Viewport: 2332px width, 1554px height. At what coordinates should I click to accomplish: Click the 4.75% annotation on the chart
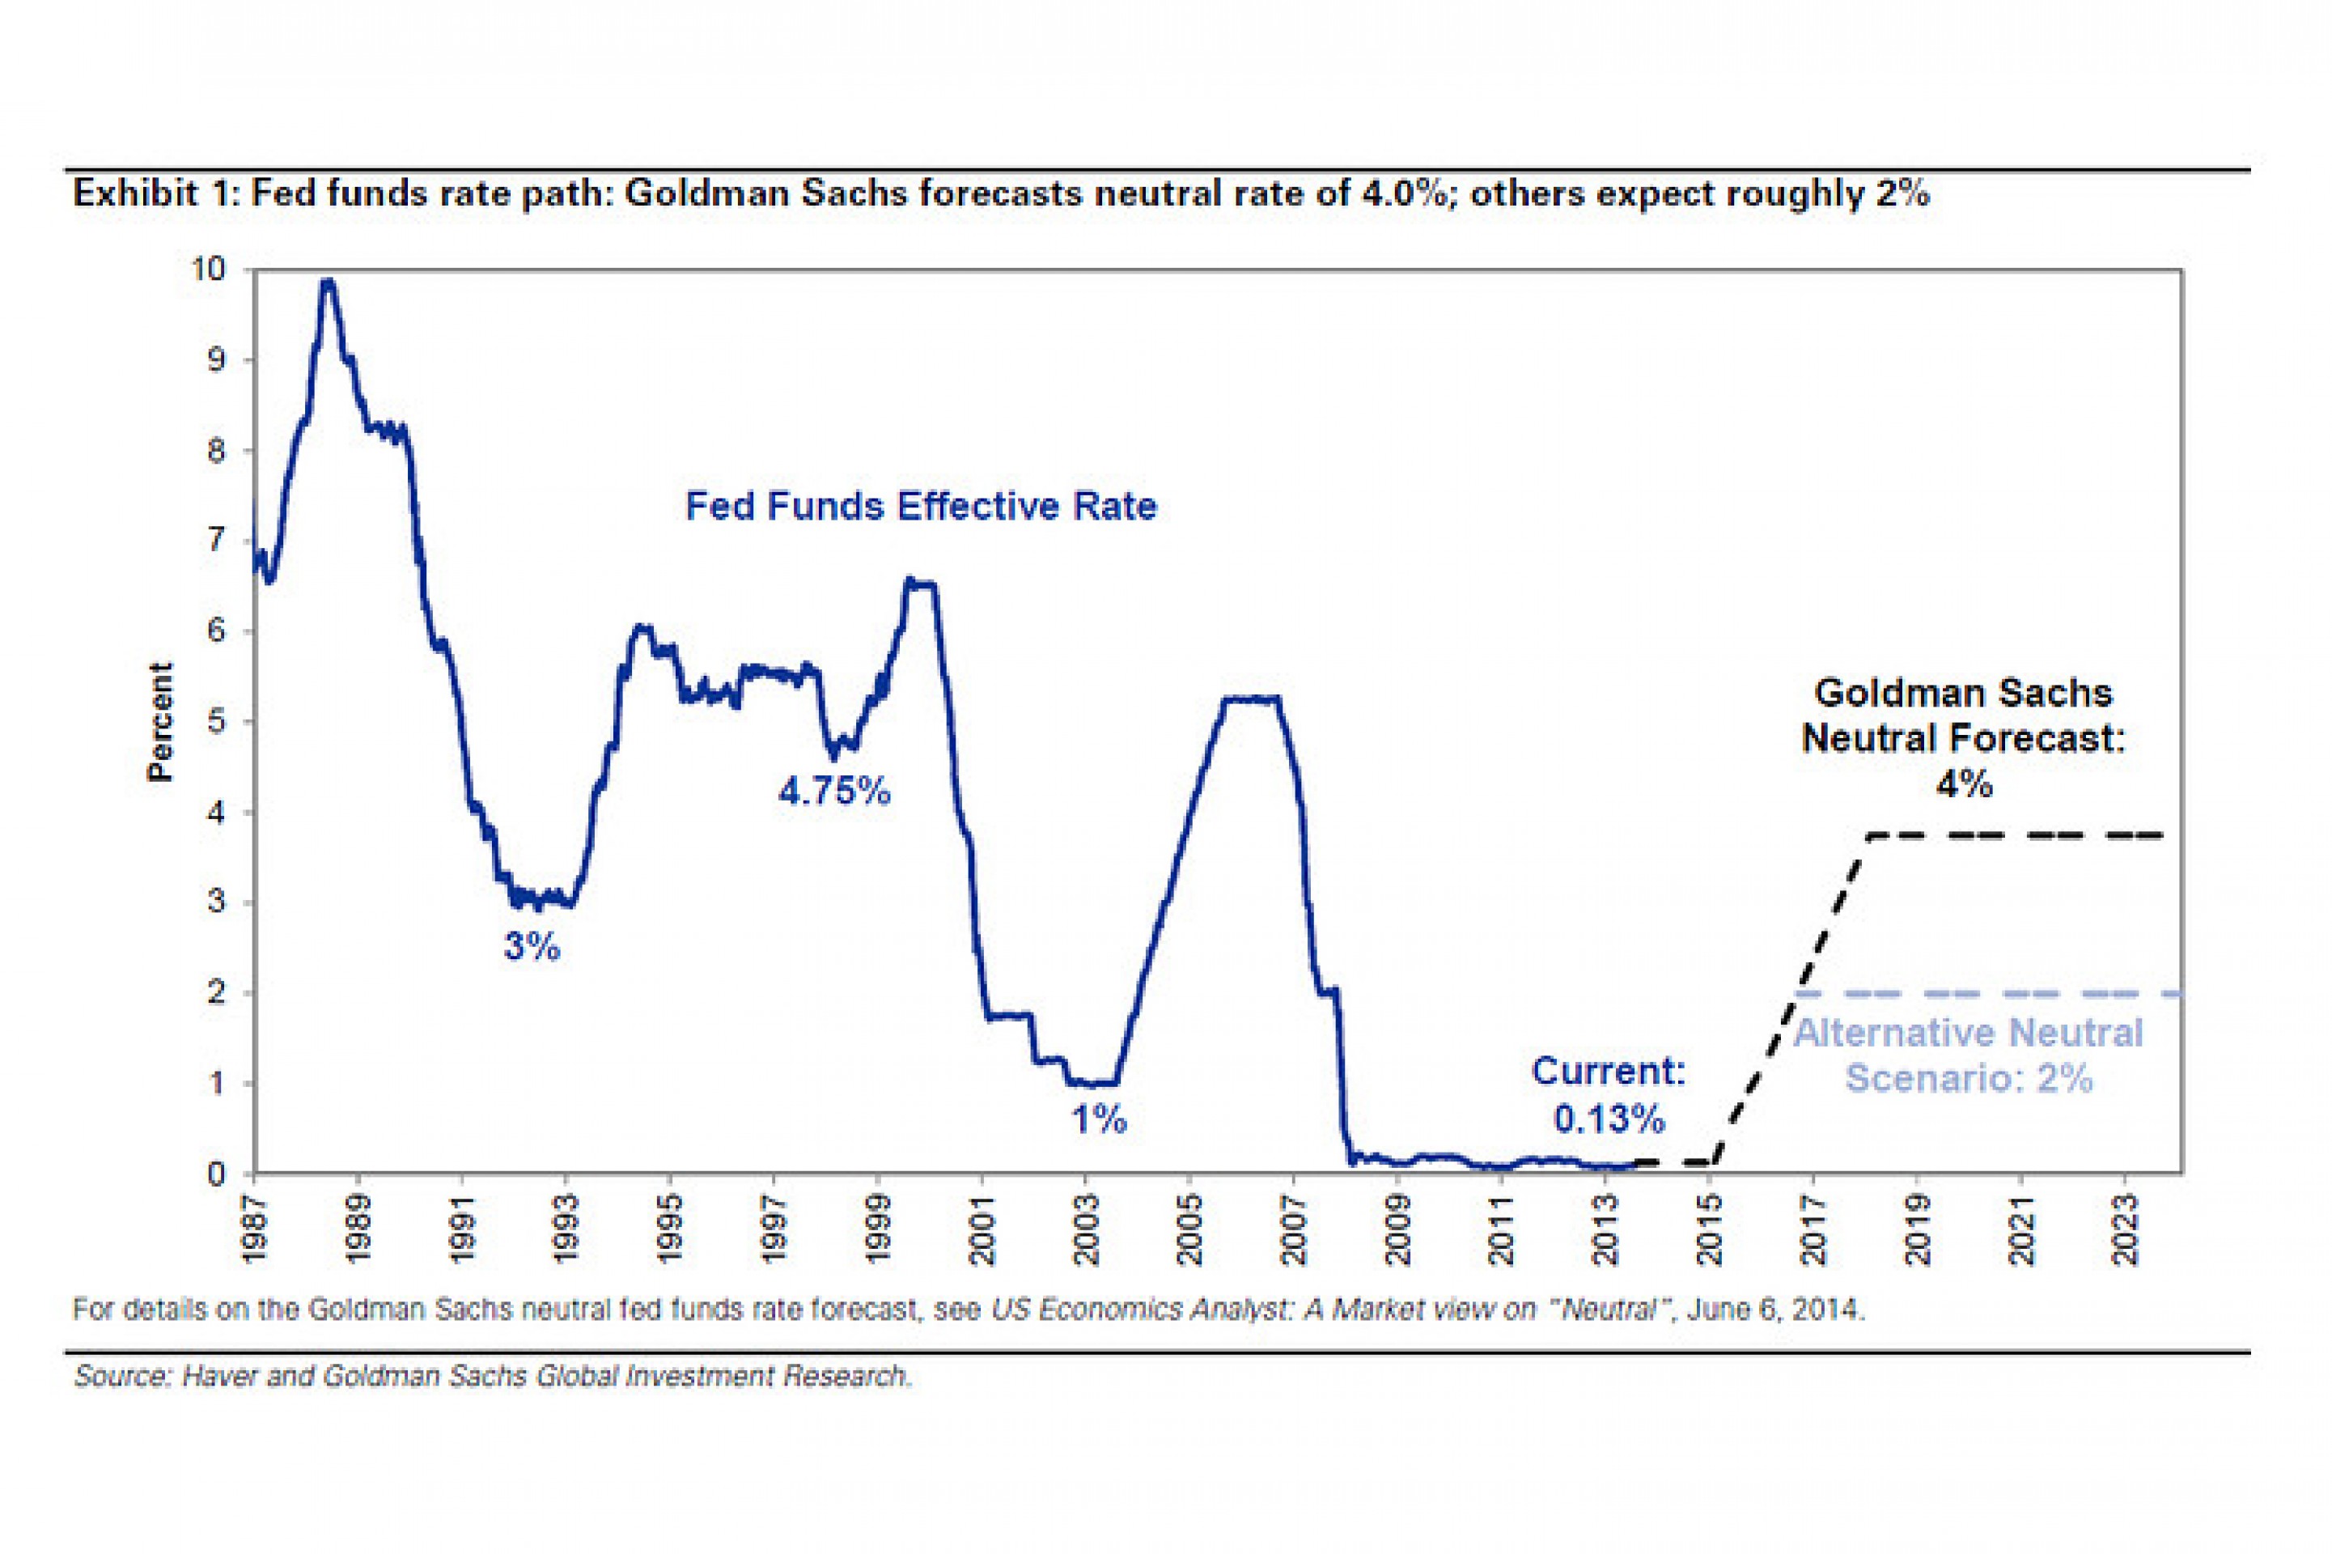[x=834, y=791]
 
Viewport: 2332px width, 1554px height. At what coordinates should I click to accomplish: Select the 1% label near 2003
[x=1099, y=1120]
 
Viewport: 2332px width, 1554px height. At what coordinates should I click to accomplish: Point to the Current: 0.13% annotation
[x=1609, y=1094]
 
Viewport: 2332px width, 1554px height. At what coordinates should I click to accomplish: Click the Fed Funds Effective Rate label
[x=920, y=507]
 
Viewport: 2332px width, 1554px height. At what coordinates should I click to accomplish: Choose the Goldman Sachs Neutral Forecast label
[x=1962, y=737]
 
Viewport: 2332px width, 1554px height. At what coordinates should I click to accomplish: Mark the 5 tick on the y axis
[x=216, y=721]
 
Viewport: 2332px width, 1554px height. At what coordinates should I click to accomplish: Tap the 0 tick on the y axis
[x=216, y=1174]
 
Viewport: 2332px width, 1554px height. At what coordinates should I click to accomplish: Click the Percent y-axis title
[x=159, y=720]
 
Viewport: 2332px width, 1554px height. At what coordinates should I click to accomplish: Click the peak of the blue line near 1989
[x=328, y=282]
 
